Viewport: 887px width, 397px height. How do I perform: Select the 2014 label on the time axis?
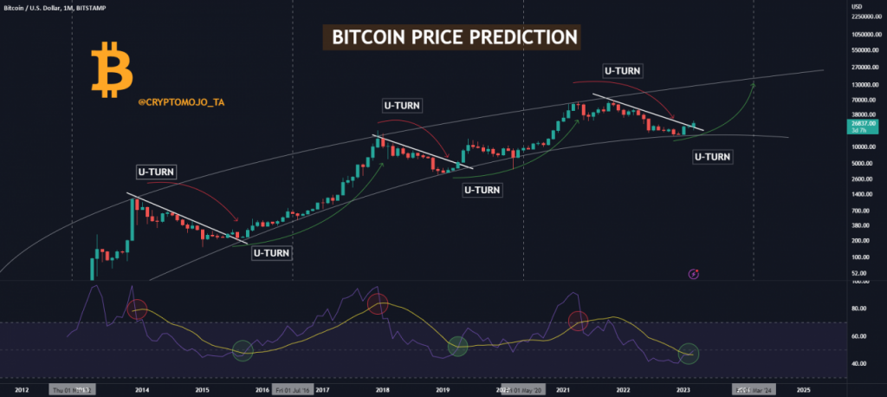pos(141,391)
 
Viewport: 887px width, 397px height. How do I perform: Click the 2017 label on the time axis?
pos(322,391)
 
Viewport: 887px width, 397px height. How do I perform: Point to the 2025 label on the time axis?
pos(803,391)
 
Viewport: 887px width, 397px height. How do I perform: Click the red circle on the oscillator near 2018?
pos(378,303)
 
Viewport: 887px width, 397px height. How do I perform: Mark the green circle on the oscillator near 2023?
pos(689,353)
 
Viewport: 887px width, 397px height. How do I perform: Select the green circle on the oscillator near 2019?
pos(457,347)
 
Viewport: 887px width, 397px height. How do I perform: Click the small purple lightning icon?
pos(693,274)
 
